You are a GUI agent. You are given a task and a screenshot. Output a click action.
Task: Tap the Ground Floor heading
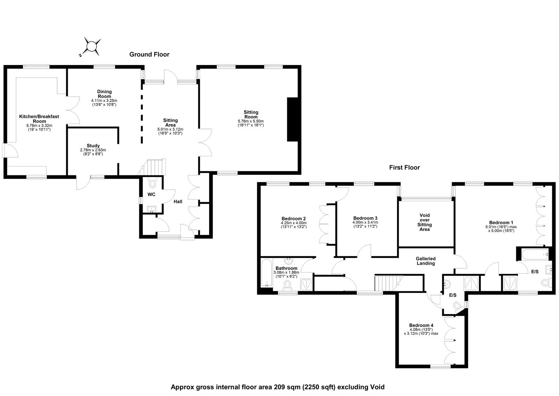[149, 55]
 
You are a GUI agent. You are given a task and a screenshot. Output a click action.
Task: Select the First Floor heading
[405, 168]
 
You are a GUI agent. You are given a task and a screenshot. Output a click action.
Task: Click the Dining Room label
[104, 94]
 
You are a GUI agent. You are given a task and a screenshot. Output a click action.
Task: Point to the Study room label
[93, 146]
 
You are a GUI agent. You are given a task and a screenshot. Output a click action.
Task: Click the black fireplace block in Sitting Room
[292, 120]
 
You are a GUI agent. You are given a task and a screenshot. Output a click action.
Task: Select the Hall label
[178, 202]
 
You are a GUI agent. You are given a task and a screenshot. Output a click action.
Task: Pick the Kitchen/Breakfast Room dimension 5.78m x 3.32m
[39, 126]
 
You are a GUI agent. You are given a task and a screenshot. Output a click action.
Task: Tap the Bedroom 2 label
[294, 219]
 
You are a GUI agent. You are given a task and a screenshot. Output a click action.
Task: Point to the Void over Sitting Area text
[425, 222]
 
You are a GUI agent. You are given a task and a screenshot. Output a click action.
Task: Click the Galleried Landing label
[426, 261]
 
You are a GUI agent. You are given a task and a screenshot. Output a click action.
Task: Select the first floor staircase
[389, 283]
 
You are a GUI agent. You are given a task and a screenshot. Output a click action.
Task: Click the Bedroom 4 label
[421, 325]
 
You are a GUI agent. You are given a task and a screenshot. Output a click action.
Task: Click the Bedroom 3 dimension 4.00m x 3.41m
[365, 222]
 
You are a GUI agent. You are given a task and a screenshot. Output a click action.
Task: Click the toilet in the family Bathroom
[287, 285]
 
